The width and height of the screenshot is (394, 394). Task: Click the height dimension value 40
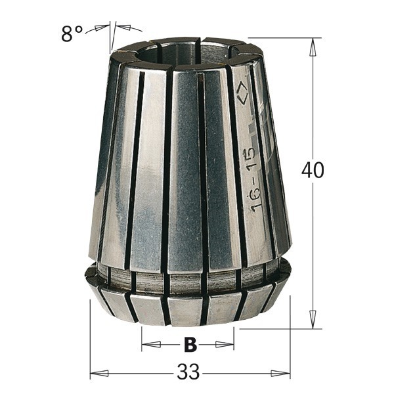pyautogui.click(x=313, y=170)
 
